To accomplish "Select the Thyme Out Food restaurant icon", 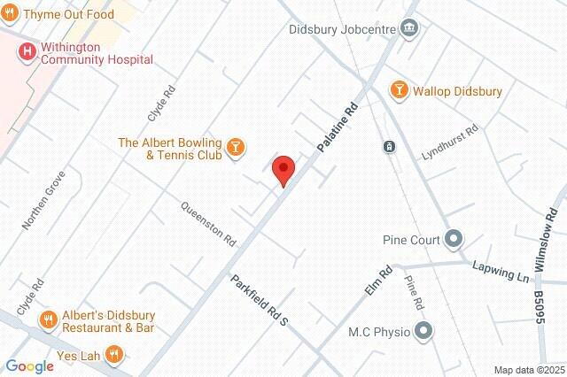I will coord(10,15).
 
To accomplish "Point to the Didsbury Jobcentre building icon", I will coord(409,28).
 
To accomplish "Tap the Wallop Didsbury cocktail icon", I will coord(400,91).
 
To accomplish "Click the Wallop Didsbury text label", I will coord(458,91).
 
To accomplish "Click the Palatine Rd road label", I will coord(338,126).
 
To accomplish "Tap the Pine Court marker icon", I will coord(454,239).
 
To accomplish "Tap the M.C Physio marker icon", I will coord(424,332).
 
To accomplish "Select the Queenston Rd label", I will coord(209,222).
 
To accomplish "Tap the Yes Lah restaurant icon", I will coord(113,356).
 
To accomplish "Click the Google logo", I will coord(29,366).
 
